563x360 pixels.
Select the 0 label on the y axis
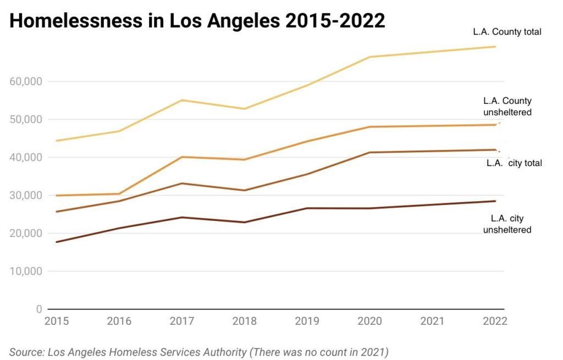[39, 309]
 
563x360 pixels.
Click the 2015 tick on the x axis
[57, 321]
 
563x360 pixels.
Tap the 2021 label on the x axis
[432, 321]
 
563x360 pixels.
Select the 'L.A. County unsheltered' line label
[507, 107]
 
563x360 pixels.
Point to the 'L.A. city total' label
[514, 163]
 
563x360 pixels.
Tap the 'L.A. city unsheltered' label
[507, 224]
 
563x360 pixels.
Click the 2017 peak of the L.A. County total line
[182, 100]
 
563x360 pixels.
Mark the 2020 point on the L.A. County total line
[369, 57]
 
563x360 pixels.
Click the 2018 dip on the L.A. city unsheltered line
[244, 222]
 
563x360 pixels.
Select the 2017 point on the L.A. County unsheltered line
[182, 157]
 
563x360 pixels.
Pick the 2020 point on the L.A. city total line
[369, 152]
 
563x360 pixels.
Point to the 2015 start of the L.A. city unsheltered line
[57, 242]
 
